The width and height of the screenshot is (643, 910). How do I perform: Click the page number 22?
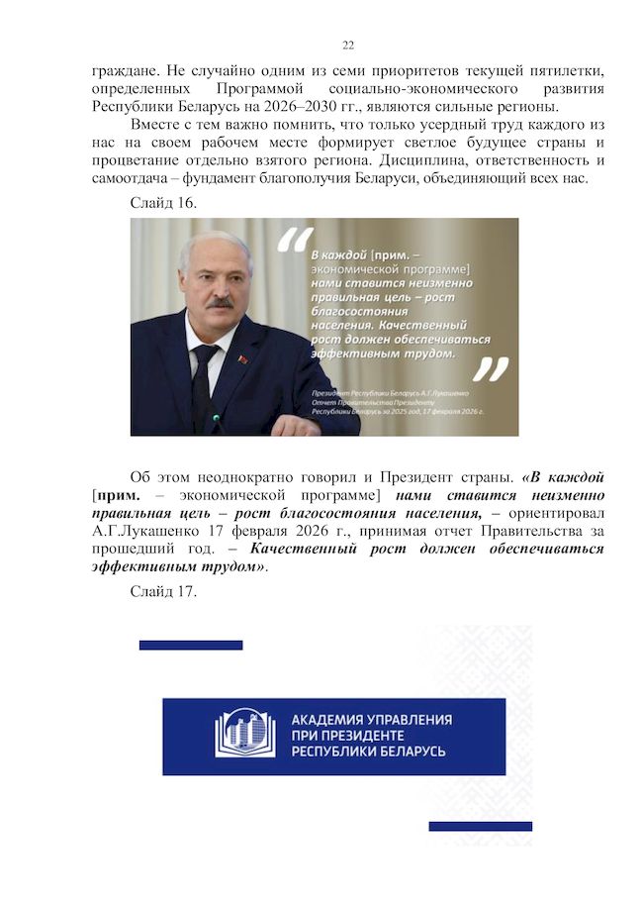pyautogui.click(x=348, y=46)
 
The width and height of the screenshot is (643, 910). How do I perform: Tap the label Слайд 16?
pyautogui.click(x=163, y=203)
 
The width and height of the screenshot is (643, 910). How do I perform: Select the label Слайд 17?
pyautogui.click(x=163, y=592)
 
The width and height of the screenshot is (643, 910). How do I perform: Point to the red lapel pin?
pyautogui.click(x=243, y=358)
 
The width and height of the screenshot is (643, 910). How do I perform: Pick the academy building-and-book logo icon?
pyautogui.click(x=245, y=734)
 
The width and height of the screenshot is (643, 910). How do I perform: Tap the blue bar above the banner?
pyautogui.click(x=191, y=646)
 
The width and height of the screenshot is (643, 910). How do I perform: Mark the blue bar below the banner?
pyautogui.click(x=480, y=826)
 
